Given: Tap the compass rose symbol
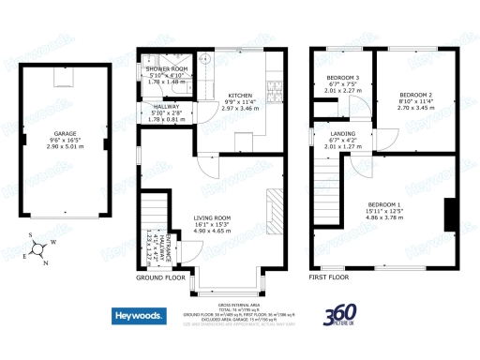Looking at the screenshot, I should (37, 248).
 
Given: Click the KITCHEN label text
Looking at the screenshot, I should (239, 97).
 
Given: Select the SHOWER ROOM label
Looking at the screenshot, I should (166, 69).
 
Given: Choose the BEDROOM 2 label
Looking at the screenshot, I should (415, 96).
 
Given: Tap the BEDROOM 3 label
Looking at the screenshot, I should (344, 78).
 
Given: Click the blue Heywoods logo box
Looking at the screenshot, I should (138, 317).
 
